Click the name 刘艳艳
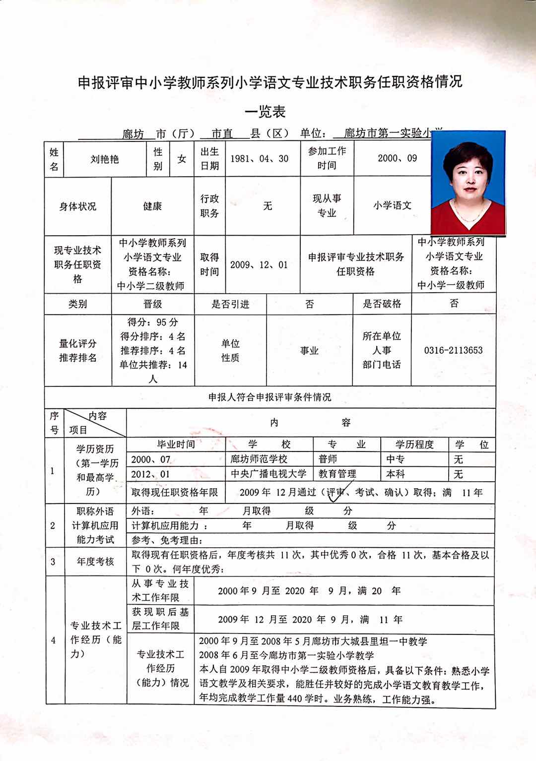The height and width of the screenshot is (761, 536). [104, 159]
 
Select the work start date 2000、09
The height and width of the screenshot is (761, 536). [397, 159]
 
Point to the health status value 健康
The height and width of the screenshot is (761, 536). [152, 206]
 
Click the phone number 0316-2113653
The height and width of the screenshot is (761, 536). [453, 350]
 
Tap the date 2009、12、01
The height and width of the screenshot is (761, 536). [259, 264]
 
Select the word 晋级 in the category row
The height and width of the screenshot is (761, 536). [152, 304]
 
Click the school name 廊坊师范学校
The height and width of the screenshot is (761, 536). [259, 459]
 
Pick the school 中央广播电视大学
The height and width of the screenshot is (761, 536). [268, 474]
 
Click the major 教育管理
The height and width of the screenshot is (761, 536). [337, 474]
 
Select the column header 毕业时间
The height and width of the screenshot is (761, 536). [176, 444]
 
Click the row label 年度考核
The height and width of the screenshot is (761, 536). [95, 562]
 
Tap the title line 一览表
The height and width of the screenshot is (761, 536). [266, 112]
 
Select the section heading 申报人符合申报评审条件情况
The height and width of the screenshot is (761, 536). [269, 397]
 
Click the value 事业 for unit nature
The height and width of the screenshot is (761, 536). [309, 351]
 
